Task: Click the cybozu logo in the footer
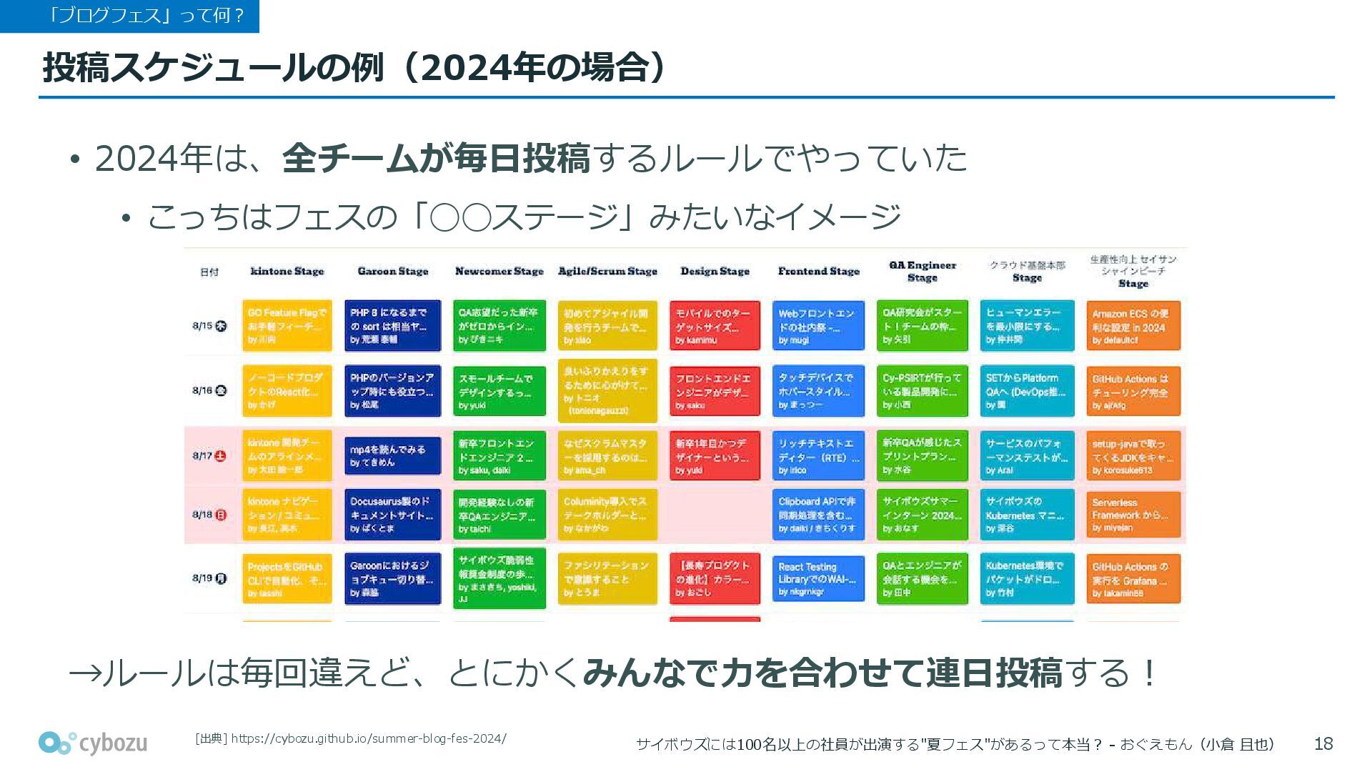click(93, 743)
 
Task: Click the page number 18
click(1323, 744)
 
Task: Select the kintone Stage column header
click(287, 272)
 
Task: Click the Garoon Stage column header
click(393, 272)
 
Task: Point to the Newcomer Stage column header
click(499, 272)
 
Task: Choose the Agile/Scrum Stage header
click(607, 272)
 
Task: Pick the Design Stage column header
click(715, 272)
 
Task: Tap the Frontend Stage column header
click(818, 272)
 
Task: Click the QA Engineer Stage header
click(922, 272)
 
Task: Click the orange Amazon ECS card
click(1133, 326)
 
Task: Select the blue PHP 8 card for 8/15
click(392, 326)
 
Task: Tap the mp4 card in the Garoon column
click(392, 455)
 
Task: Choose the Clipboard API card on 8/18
click(818, 515)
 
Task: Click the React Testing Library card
click(818, 578)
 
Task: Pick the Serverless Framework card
click(1133, 515)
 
